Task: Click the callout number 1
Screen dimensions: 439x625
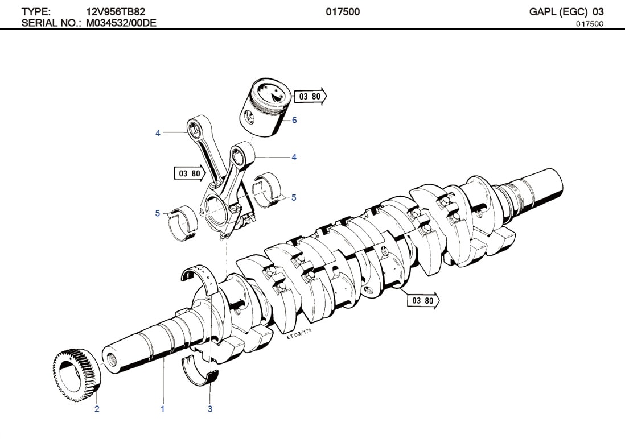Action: tap(162, 409)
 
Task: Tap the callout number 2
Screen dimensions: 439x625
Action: tap(97, 409)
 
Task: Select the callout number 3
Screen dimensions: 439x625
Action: tap(210, 409)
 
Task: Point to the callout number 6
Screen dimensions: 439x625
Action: tap(294, 120)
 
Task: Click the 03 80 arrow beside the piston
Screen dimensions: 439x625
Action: tap(311, 97)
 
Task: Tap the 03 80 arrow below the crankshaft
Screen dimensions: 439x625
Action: tap(423, 300)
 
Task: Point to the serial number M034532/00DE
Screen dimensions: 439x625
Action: tap(121, 23)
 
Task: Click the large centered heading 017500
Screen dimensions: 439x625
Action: tap(343, 11)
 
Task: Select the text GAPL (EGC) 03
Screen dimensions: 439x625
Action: tap(566, 11)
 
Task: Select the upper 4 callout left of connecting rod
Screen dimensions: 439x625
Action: tap(158, 133)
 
